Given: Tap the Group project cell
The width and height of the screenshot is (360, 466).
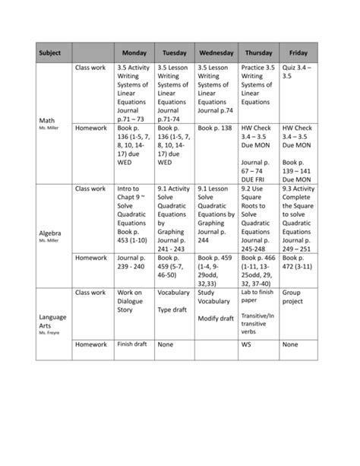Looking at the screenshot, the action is point(292,296).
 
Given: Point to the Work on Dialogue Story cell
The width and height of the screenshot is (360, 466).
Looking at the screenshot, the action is point(132,300).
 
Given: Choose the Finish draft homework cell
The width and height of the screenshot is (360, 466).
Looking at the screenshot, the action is point(131,344).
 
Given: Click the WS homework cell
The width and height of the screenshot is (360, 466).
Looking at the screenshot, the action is point(245,345).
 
